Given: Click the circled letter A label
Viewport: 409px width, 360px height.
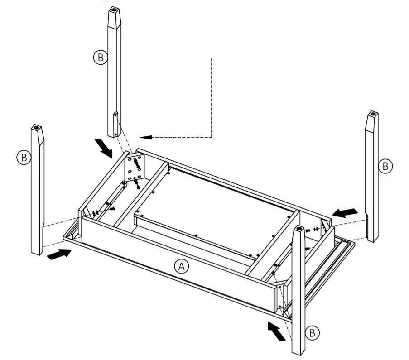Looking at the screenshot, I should [181, 267].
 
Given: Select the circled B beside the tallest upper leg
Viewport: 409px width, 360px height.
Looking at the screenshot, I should [100, 58].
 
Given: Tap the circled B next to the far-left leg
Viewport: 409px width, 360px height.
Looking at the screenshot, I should [24, 158].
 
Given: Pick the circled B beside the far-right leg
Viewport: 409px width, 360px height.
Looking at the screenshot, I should [385, 166].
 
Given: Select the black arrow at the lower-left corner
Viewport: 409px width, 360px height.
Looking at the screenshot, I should [59, 254].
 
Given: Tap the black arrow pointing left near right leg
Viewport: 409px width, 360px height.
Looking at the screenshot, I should [345, 212].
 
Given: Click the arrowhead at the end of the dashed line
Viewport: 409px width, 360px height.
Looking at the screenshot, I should [144, 137].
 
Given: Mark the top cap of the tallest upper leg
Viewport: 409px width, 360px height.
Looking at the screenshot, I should [114, 10].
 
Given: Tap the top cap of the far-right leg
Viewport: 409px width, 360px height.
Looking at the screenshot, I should [372, 114].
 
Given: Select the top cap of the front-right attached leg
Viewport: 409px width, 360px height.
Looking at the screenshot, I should [299, 229].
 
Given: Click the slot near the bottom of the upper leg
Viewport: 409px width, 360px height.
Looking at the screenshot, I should [115, 121].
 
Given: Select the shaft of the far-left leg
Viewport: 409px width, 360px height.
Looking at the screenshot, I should [37, 195].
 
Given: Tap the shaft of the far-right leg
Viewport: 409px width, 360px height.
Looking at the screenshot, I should [372, 181].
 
